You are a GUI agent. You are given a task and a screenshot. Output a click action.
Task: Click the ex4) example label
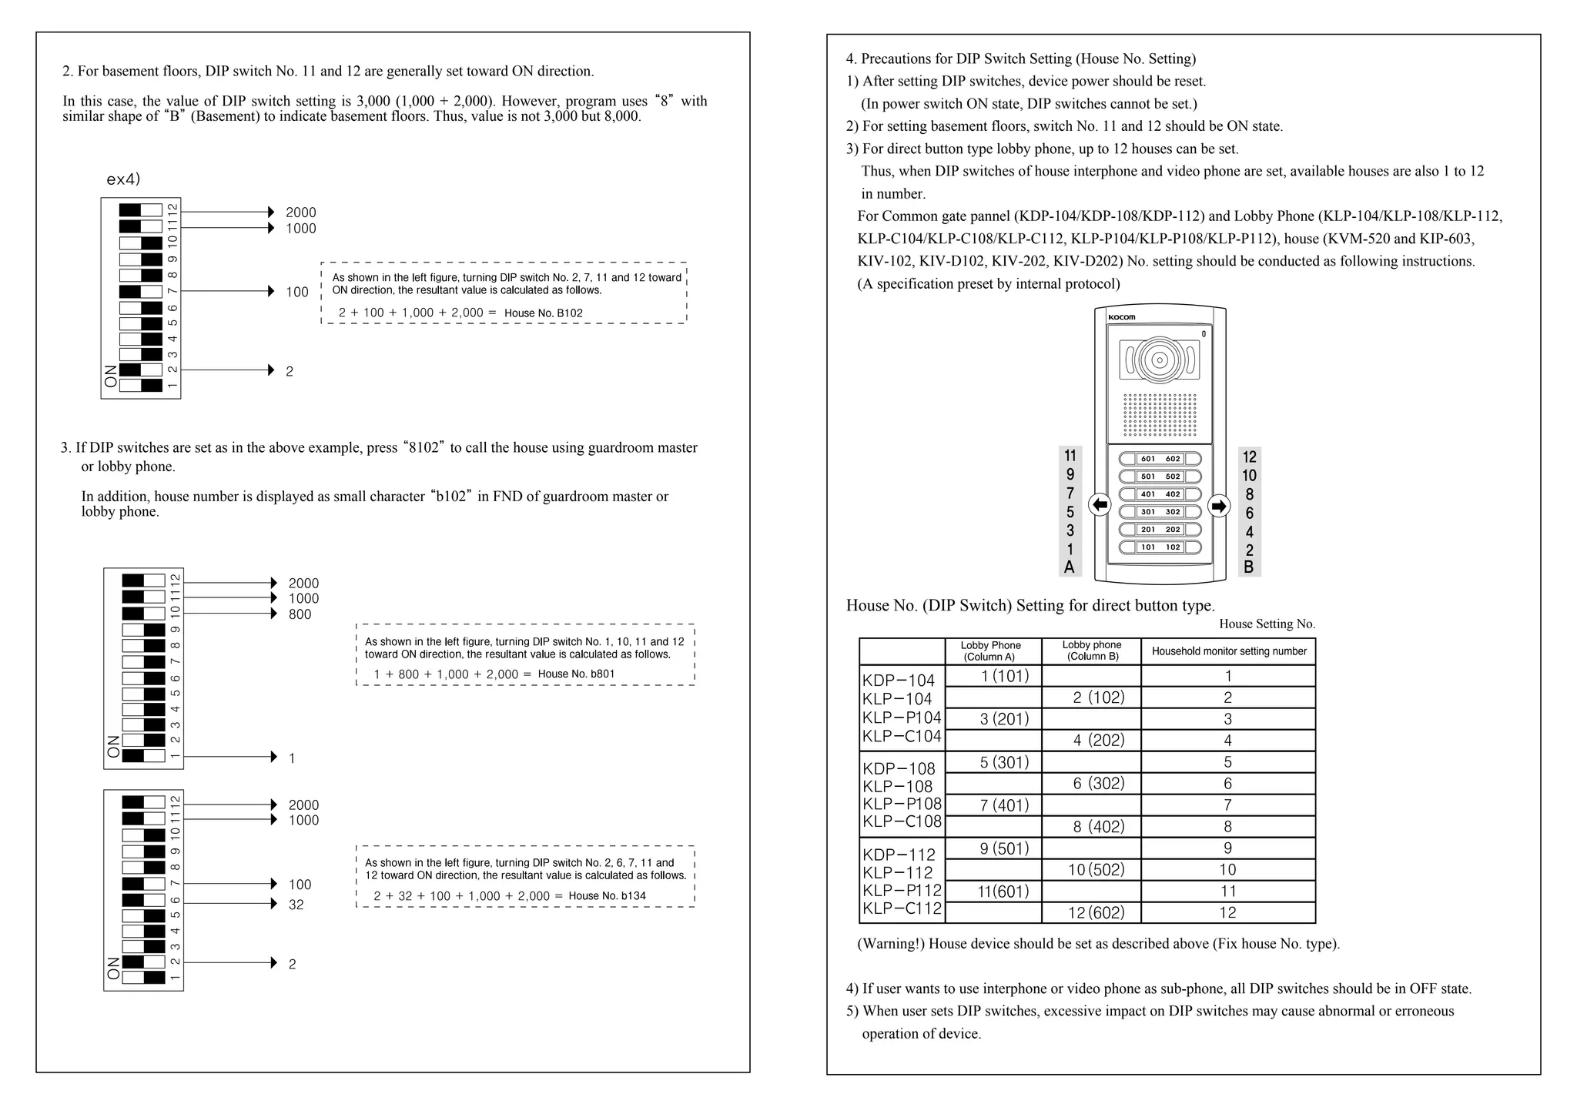click(x=123, y=179)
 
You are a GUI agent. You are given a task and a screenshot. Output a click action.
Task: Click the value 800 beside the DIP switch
click(x=300, y=614)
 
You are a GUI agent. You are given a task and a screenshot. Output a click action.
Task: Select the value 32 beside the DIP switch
click(x=296, y=905)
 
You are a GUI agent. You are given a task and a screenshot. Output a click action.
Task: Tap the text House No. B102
click(x=543, y=313)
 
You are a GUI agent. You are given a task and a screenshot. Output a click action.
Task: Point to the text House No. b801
click(x=576, y=674)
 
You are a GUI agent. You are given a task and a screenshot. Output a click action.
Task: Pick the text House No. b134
click(x=607, y=896)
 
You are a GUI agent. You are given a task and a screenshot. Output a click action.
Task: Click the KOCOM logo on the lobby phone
click(x=1121, y=317)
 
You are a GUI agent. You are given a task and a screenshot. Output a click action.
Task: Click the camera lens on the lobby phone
click(x=1159, y=360)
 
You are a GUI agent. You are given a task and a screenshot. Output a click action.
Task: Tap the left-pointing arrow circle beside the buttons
click(x=1100, y=506)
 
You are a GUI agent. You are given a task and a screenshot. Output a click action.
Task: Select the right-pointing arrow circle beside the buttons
click(x=1218, y=506)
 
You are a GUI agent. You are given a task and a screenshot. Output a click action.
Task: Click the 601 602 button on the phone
click(x=1160, y=459)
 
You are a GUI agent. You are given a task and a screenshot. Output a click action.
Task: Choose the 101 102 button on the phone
click(x=1160, y=547)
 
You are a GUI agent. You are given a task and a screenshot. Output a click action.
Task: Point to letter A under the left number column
click(x=1069, y=567)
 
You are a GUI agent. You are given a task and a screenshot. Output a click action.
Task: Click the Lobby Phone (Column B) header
click(x=1091, y=651)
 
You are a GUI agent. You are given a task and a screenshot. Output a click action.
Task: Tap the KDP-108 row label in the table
click(x=899, y=768)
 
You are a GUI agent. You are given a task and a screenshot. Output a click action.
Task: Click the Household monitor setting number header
click(x=1228, y=651)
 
